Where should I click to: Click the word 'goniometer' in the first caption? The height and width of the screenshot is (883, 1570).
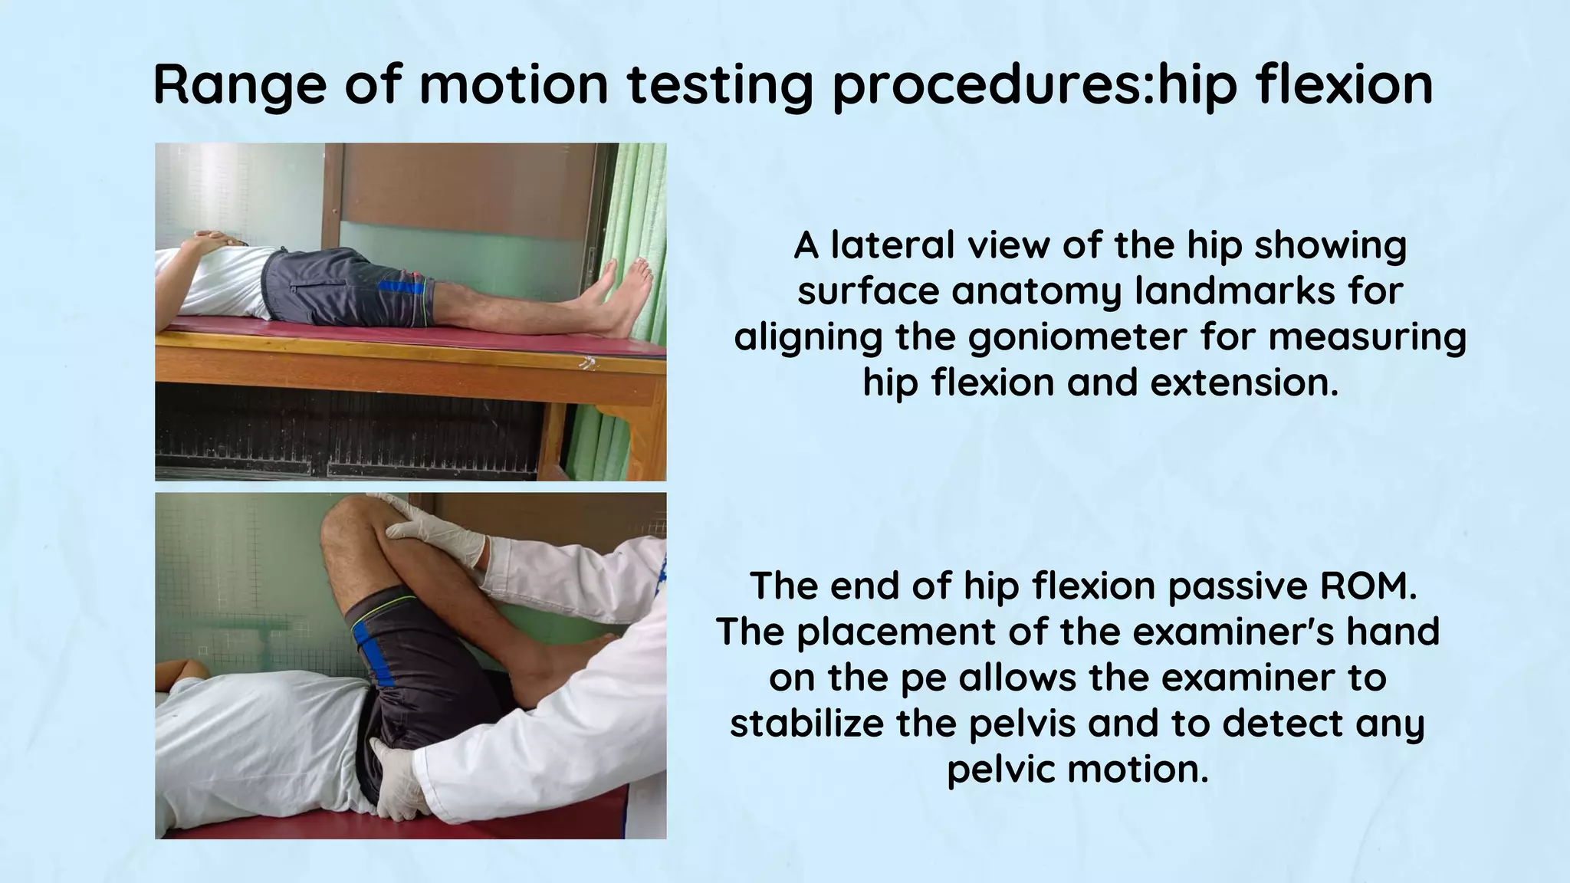coord(1077,337)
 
